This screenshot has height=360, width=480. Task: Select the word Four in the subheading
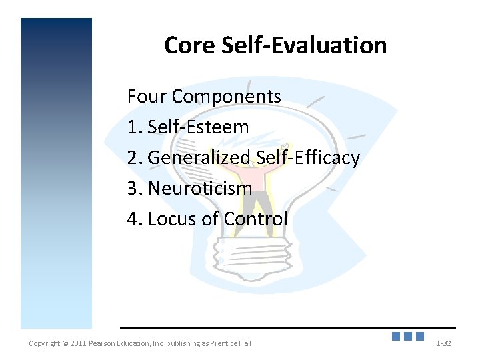(x=147, y=97)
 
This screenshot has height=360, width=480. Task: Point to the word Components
(x=227, y=97)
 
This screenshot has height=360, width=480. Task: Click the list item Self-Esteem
(x=198, y=127)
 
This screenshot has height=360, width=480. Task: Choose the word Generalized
(x=199, y=158)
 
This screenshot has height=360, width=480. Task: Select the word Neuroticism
(x=200, y=188)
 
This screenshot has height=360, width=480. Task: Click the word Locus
(x=172, y=219)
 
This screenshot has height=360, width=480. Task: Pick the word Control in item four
(x=256, y=219)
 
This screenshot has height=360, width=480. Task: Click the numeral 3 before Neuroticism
(x=133, y=188)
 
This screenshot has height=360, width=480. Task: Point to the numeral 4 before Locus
(x=133, y=219)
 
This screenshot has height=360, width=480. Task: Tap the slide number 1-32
(x=443, y=343)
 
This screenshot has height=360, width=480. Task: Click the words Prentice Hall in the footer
(x=233, y=343)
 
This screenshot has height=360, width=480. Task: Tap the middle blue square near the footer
(x=408, y=337)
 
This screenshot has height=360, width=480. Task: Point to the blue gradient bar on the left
(x=56, y=173)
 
